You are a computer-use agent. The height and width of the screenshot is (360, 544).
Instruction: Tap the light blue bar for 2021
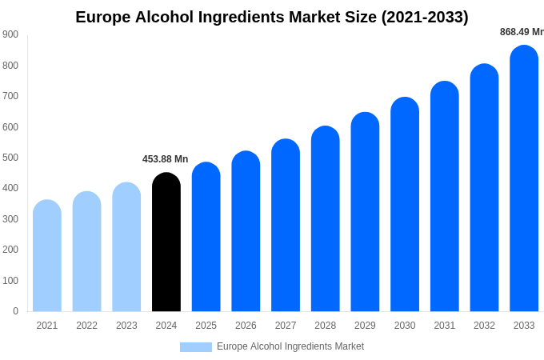(x=47, y=256)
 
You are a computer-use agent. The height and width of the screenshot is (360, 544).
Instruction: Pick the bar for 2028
(x=326, y=219)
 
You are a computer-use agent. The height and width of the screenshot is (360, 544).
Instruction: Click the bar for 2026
(x=246, y=231)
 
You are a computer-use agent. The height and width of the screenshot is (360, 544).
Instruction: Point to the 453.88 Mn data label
(x=166, y=159)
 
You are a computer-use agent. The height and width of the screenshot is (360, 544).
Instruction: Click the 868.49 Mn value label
(x=522, y=32)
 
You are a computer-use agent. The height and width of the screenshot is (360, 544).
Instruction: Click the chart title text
(x=272, y=17)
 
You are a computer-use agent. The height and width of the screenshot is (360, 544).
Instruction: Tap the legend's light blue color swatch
(x=196, y=347)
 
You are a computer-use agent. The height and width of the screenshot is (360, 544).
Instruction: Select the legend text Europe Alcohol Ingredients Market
(x=290, y=346)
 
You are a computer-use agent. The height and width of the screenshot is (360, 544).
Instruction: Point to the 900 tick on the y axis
(x=10, y=34)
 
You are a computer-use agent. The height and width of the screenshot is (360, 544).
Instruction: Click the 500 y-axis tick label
(x=10, y=158)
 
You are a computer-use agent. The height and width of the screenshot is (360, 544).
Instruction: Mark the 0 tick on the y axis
(x=15, y=311)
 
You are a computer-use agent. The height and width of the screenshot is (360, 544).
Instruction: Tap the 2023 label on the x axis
(x=126, y=326)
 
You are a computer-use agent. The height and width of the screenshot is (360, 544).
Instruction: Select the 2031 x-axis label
(x=445, y=326)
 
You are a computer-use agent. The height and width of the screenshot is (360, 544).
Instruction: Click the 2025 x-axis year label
(x=206, y=326)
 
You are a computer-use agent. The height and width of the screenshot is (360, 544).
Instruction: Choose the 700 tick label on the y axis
(x=10, y=96)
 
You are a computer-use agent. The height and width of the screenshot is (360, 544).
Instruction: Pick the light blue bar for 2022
(x=87, y=252)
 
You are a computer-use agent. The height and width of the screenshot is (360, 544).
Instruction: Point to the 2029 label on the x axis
(x=365, y=326)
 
